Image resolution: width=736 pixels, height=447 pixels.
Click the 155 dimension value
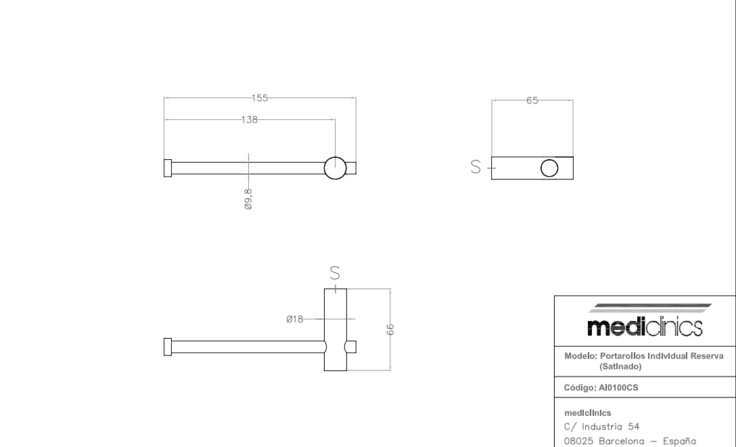(260, 98)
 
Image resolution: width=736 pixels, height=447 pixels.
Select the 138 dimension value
(249, 120)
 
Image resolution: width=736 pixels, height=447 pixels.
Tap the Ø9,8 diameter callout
(248, 199)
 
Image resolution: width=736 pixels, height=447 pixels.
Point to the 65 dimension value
(532, 101)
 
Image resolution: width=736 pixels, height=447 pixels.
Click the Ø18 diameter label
(295, 319)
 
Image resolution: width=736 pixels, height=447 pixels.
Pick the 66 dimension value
(390, 329)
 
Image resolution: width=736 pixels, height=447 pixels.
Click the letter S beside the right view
(476, 167)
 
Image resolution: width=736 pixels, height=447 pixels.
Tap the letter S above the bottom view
(335, 273)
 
